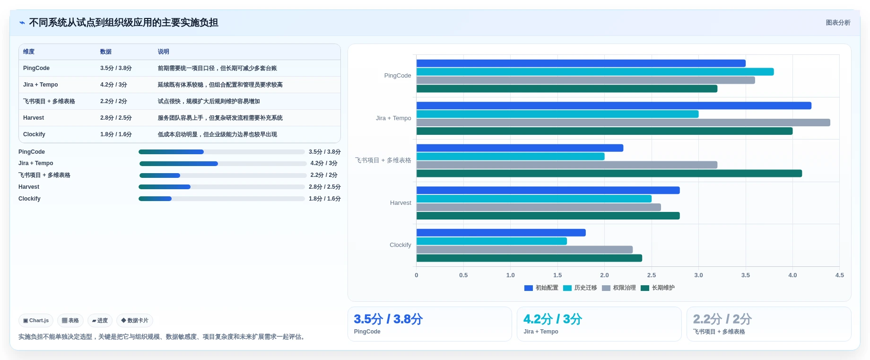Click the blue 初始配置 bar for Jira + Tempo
click(x=614, y=105)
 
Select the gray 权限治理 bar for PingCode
click(x=586, y=80)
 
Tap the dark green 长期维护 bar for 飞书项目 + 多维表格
click(x=609, y=174)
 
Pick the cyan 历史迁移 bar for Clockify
click(x=492, y=241)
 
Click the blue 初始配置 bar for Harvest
click(x=548, y=190)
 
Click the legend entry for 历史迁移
click(x=580, y=288)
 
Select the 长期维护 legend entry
click(x=658, y=288)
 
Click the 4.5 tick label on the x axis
click(x=839, y=275)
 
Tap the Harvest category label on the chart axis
click(x=400, y=203)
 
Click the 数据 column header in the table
click(x=106, y=52)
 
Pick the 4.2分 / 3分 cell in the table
click(x=113, y=85)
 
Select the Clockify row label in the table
click(x=34, y=134)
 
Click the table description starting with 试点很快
click(x=209, y=101)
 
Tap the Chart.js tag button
click(x=36, y=320)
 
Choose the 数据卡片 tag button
click(x=135, y=320)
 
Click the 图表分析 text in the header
click(x=838, y=23)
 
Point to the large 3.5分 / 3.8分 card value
click(x=388, y=319)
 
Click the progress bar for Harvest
click(x=222, y=187)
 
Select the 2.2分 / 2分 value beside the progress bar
click(x=324, y=175)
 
